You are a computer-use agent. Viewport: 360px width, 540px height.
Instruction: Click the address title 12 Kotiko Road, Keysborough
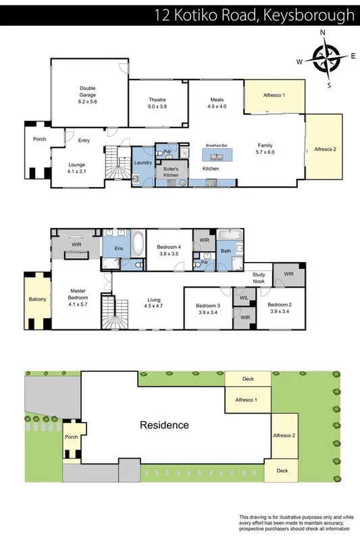coord(254,13)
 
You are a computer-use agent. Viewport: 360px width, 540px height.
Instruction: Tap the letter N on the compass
coord(323,32)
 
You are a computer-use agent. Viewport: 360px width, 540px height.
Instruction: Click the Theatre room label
coord(157,103)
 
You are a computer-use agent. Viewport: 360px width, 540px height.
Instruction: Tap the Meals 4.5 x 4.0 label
coord(217,103)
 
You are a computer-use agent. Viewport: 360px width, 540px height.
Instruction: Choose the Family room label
coord(265,148)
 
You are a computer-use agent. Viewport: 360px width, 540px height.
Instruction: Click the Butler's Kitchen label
coord(170,171)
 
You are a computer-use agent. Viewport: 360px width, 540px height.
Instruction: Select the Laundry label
coord(143,163)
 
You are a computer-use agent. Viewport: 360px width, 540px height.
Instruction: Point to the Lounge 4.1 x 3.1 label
coord(77,167)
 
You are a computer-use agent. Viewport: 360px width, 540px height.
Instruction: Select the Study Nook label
coord(259,277)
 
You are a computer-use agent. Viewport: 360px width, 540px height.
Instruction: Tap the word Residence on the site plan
coord(164,425)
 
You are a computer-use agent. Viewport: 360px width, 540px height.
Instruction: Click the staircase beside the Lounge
coord(119,164)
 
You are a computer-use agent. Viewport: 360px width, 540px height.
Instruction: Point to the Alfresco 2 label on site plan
coord(284,435)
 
